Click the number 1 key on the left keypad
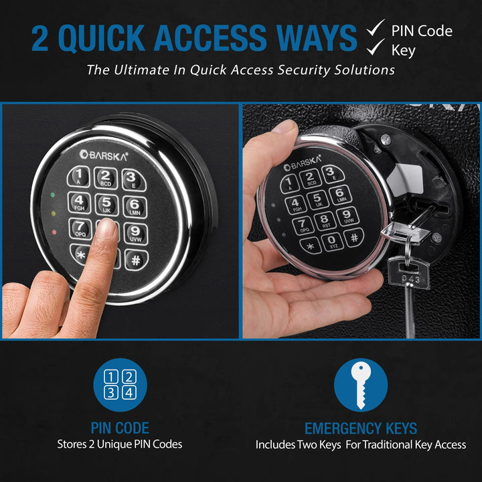[x=80, y=177]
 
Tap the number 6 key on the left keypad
[x=134, y=206]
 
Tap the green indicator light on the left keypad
[x=52, y=197]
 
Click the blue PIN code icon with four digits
[x=120, y=385]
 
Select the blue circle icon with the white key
[x=361, y=385]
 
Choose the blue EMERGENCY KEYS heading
[x=361, y=428]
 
